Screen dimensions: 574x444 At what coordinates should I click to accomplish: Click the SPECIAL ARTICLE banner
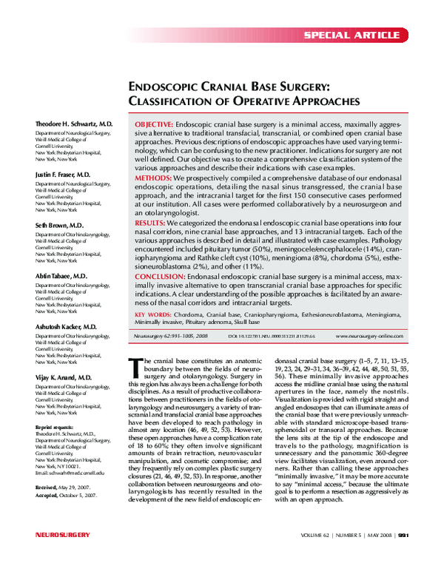363,36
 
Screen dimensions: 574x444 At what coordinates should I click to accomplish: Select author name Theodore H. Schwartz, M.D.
74,124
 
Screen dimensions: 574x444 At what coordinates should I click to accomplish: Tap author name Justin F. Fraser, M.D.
63,174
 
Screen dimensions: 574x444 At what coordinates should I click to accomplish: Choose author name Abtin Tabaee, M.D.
61,275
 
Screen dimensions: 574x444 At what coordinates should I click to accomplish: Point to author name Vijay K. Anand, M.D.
63,377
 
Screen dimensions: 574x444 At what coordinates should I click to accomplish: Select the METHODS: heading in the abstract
153,178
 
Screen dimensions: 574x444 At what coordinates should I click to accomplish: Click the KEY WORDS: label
153,314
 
